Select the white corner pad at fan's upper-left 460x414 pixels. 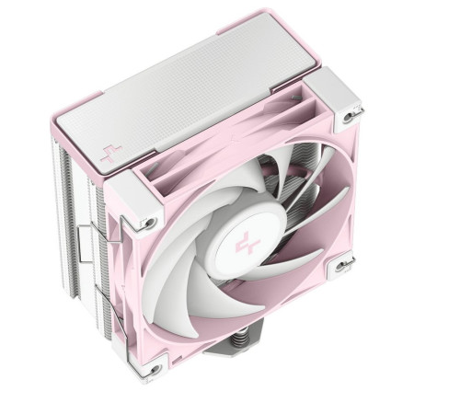[x=138, y=207]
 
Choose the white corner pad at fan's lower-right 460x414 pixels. [x=346, y=267]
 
